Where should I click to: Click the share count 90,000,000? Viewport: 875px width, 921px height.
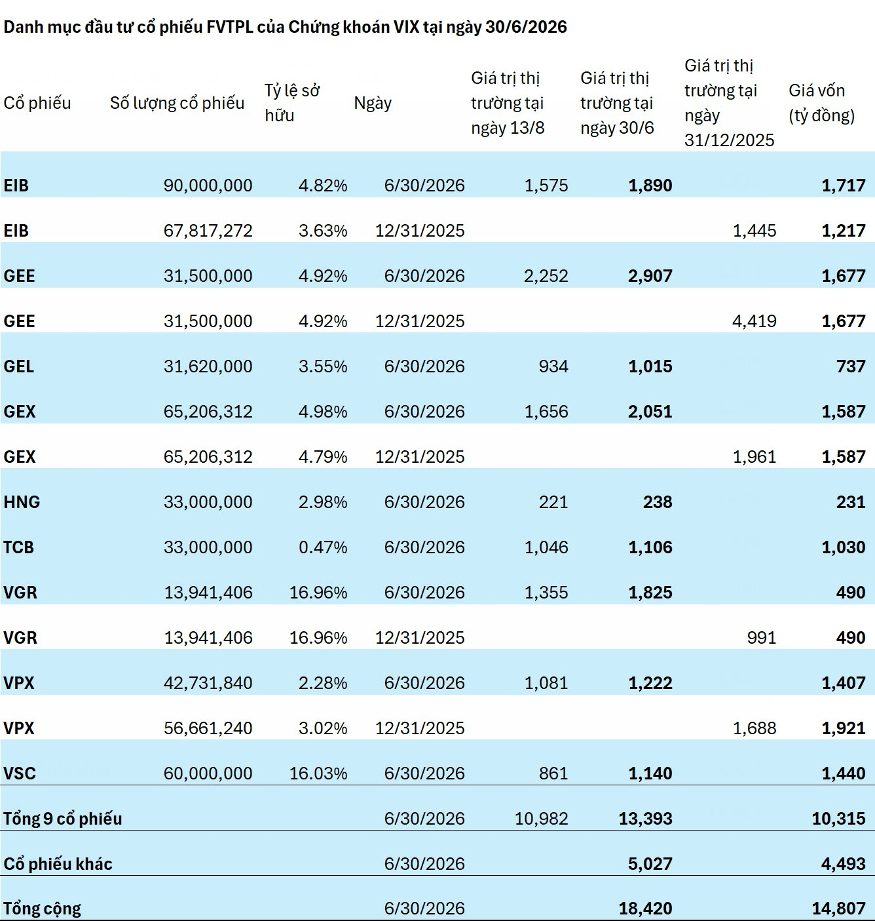pyautogui.click(x=208, y=186)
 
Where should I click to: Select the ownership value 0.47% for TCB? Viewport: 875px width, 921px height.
pyautogui.click(x=323, y=547)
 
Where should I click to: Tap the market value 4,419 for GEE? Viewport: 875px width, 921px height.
pyautogui.click(x=754, y=321)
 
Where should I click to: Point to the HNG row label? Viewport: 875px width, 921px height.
pyautogui.click(x=22, y=501)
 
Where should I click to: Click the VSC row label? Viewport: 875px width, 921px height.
pyautogui.click(x=19, y=773)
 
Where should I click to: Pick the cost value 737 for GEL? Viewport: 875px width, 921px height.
pyautogui.click(x=851, y=366)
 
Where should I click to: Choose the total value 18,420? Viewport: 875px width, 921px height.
pyautogui.click(x=645, y=909)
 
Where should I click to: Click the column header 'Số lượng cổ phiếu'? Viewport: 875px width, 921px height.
pyautogui.click(x=177, y=103)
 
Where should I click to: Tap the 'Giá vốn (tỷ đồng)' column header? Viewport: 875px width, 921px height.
pyautogui.click(x=822, y=103)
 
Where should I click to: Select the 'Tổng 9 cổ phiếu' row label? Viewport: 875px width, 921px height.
pyautogui.click(x=62, y=818)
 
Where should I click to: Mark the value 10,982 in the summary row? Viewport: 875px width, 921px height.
pyautogui.click(x=541, y=818)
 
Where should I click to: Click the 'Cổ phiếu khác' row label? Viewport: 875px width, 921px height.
pyautogui.click(x=58, y=863)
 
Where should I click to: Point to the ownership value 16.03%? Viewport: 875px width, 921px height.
pyautogui.click(x=318, y=773)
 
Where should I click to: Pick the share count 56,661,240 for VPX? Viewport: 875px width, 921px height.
pyautogui.click(x=208, y=728)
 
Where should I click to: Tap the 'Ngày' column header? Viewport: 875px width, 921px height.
pyautogui.click(x=373, y=103)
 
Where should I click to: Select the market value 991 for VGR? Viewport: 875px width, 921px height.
pyautogui.click(x=762, y=638)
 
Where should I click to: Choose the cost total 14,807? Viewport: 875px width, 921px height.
pyautogui.click(x=838, y=909)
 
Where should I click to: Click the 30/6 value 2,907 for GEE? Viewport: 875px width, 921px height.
pyautogui.click(x=650, y=276)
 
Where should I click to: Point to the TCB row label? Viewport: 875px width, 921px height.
pyautogui.click(x=19, y=547)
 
